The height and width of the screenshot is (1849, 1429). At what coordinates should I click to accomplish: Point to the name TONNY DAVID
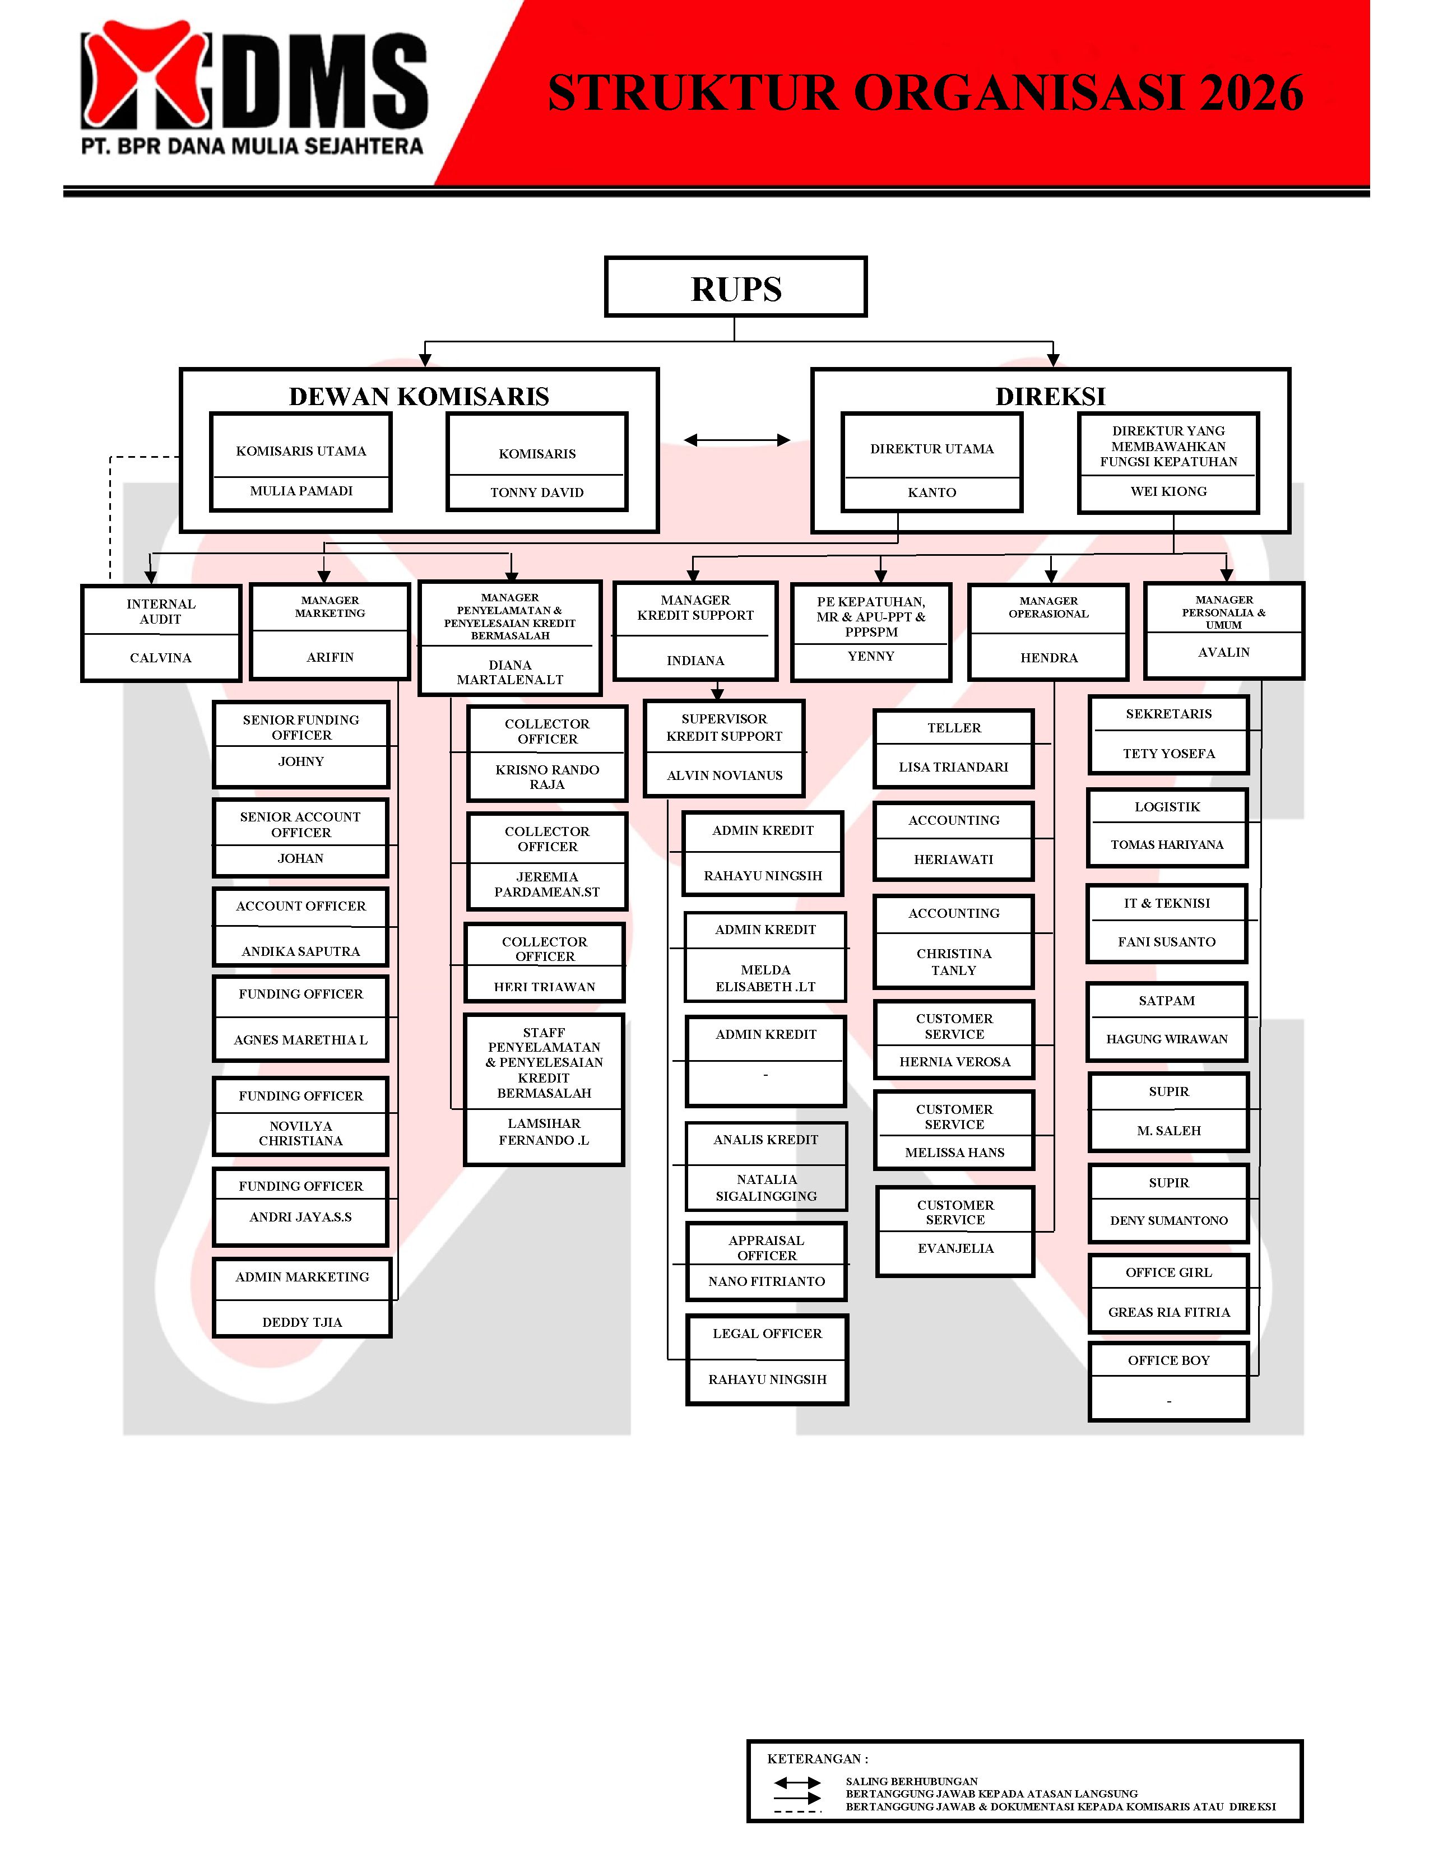[537, 493]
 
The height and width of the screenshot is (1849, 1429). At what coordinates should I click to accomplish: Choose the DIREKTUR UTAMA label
[931, 449]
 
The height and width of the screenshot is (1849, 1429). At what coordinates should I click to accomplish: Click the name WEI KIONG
[1168, 491]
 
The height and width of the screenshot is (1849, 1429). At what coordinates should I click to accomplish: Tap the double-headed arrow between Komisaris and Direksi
[736, 439]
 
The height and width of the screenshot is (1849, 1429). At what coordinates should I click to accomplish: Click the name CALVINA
[161, 658]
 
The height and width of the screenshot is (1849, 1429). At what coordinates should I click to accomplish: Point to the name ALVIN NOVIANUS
[724, 775]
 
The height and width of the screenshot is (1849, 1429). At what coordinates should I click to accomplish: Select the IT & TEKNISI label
[1167, 903]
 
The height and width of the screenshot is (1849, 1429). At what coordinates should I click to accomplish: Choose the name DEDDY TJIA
[302, 1322]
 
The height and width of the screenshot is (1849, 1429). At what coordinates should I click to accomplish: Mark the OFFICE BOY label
[1168, 1360]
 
